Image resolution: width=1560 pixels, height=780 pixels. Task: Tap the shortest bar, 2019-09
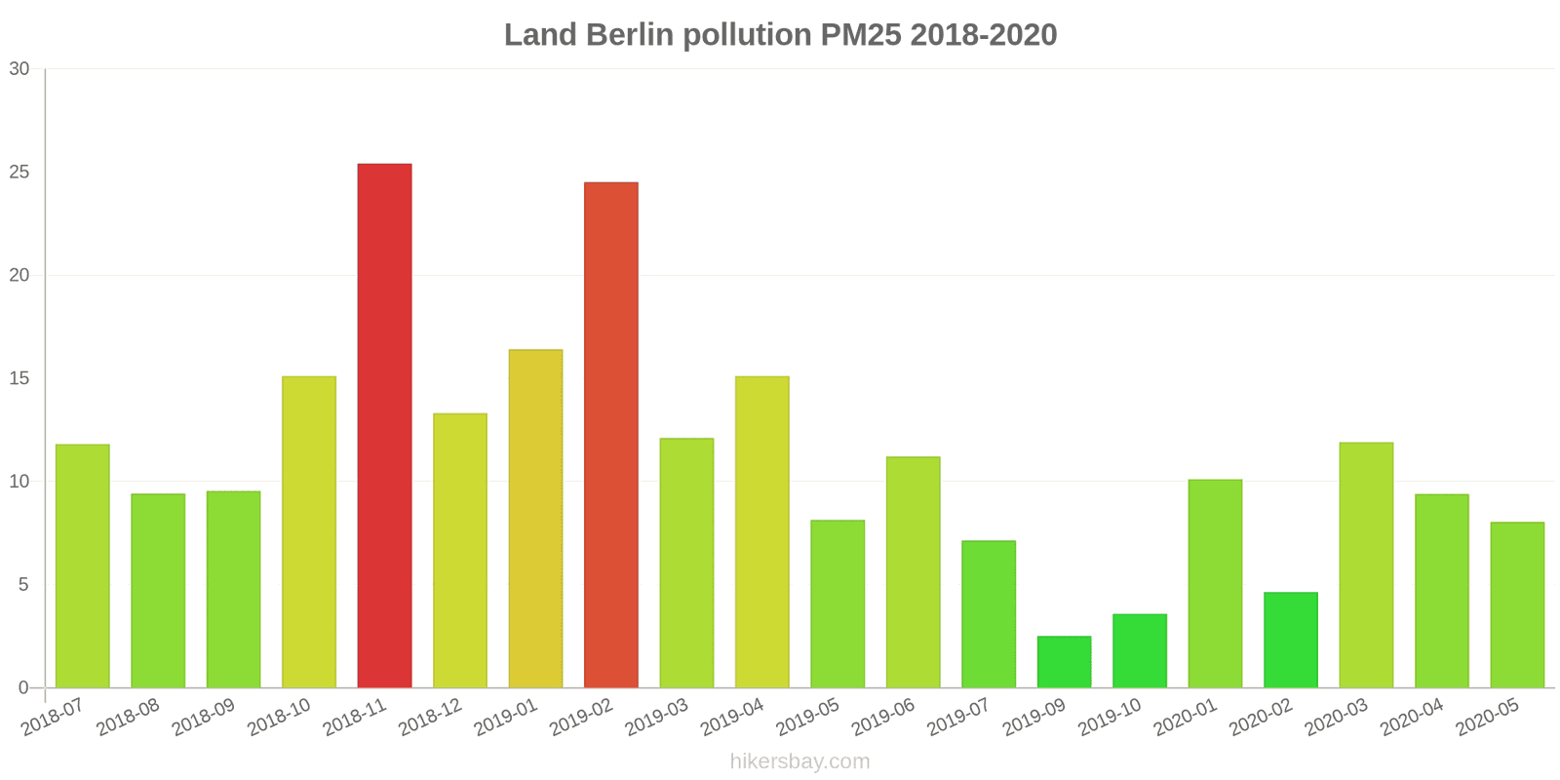pos(1064,662)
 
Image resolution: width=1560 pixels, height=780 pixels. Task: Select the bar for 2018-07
pos(83,565)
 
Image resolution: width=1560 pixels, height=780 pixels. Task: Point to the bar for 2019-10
pos(1139,650)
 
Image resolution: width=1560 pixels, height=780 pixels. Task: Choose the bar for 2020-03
pos(1366,565)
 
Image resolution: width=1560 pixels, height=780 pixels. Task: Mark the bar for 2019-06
pos(913,572)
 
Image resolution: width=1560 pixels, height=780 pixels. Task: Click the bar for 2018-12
pos(460,551)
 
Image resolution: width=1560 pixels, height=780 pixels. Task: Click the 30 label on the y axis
pos(19,69)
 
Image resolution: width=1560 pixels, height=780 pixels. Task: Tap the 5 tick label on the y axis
pos(24,585)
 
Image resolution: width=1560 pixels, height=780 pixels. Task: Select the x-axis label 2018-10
pos(279,719)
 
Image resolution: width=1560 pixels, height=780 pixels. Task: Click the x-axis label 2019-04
pos(732,719)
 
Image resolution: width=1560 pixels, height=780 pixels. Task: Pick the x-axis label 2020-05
pos(1488,719)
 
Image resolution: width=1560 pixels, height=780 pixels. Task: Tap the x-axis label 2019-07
pos(958,719)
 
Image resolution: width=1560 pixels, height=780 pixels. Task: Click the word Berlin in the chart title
pos(629,35)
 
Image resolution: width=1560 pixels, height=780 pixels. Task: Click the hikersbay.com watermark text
pos(799,761)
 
